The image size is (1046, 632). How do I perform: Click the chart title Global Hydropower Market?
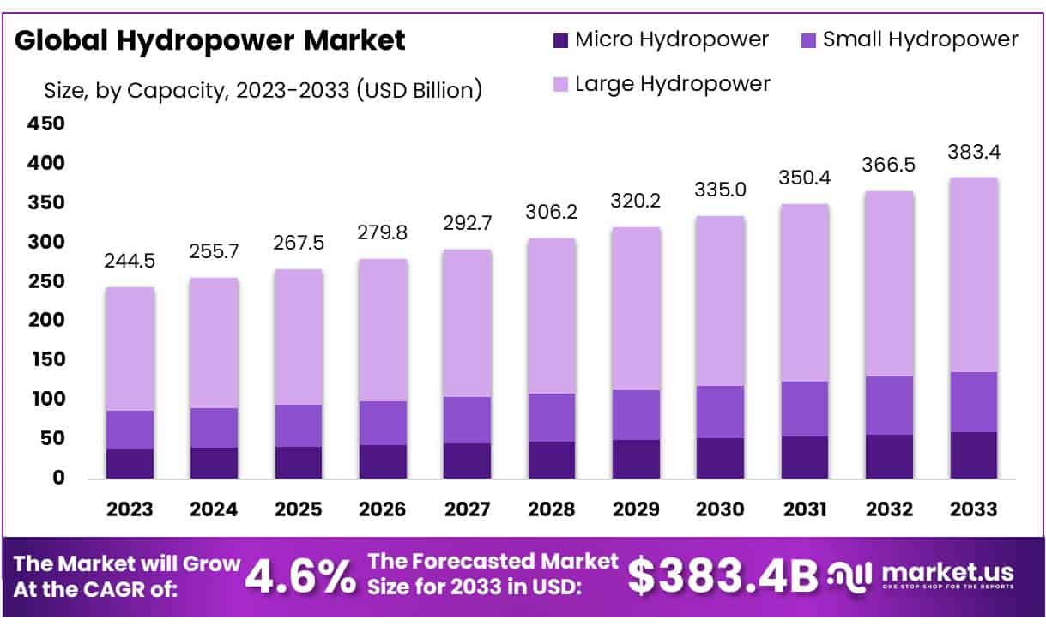[x=210, y=40]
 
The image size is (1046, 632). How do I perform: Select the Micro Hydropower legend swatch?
[x=561, y=39]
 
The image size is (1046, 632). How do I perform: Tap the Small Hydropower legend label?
[x=920, y=39]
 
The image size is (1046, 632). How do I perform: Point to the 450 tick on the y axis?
[x=47, y=123]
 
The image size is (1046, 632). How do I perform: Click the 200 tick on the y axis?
[x=47, y=320]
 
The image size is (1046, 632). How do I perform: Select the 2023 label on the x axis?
[x=130, y=509]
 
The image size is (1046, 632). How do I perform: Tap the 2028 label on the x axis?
[x=551, y=509]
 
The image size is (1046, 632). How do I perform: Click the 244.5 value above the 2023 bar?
[x=130, y=260]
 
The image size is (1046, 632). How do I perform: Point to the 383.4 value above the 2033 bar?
[x=973, y=152]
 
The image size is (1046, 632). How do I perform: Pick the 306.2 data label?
[x=551, y=212]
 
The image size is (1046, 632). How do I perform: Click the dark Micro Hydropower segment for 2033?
[x=973, y=454]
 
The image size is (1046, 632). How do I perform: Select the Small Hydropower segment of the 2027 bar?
[x=467, y=419]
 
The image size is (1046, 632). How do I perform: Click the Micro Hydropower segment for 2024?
[x=214, y=462]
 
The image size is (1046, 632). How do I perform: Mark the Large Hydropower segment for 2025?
[x=298, y=336]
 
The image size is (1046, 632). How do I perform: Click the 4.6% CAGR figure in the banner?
[x=300, y=577]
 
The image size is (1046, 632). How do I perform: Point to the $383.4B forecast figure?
[x=723, y=575]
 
